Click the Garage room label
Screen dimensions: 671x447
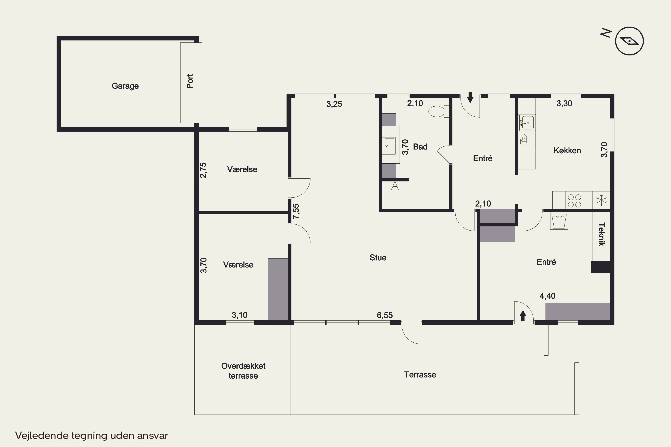click(125, 86)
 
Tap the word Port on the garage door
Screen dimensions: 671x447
click(190, 81)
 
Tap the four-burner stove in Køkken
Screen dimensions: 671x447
click(574, 201)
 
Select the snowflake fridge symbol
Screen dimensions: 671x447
click(601, 200)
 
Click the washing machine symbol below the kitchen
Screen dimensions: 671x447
click(559, 221)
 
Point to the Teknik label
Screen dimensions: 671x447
click(602, 234)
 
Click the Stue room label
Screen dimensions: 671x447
click(378, 258)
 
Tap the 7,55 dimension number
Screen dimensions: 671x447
click(296, 211)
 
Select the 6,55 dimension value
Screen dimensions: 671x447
click(384, 315)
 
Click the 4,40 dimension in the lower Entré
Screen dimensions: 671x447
click(548, 296)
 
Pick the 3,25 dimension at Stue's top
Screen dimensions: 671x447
click(334, 104)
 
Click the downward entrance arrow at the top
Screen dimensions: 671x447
click(470, 97)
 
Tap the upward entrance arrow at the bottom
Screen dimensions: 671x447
click(523, 316)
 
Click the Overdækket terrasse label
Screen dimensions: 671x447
click(243, 371)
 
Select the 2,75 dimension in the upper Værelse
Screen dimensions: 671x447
click(203, 170)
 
